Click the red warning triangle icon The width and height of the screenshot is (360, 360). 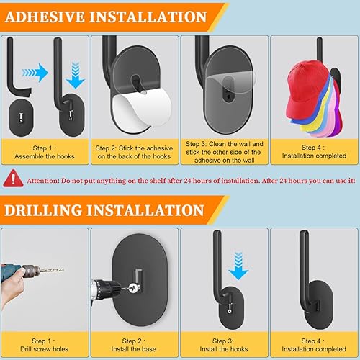[13, 179]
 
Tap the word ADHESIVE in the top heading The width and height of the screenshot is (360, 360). [45, 17]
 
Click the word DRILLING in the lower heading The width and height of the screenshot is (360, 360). [43, 210]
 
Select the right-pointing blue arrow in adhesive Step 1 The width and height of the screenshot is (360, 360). [35, 73]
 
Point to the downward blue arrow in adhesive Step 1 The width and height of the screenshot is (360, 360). [76, 75]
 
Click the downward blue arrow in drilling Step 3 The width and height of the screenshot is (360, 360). [238, 266]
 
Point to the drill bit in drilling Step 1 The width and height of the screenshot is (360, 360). [51, 270]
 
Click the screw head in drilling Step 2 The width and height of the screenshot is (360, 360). [133, 288]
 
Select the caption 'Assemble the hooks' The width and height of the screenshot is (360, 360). [45, 156]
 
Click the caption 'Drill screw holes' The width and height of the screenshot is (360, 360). [45, 349]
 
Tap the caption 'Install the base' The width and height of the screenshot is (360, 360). [134, 349]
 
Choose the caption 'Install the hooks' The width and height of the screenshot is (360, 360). [224, 349]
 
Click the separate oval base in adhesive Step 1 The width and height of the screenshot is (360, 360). [20, 117]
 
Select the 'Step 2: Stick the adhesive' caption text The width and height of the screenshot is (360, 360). [134, 148]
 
